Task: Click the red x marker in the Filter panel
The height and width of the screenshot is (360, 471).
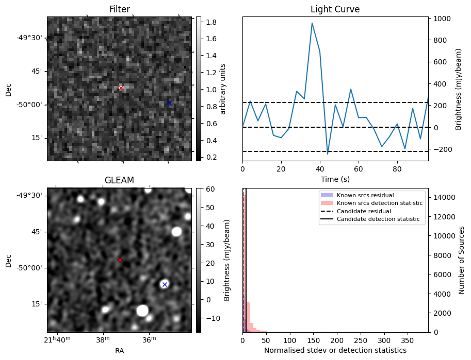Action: (121, 88)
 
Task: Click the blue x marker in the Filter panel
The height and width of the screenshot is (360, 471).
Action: (169, 103)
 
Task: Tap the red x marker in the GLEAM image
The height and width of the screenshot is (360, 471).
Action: (120, 260)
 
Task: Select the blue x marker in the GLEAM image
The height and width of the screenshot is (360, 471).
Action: (165, 284)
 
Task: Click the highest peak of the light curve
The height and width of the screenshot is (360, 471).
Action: (312, 23)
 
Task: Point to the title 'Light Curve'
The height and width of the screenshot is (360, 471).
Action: (335, 9)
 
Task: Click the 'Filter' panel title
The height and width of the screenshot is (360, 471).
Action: (120, 9)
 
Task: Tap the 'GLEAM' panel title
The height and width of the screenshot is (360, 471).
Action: (119, 180)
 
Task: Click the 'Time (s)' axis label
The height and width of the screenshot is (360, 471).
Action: (335, 179)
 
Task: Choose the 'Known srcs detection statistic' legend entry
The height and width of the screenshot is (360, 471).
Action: (379, 203)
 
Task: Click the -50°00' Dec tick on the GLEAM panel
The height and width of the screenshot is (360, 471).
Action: (32, 268)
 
